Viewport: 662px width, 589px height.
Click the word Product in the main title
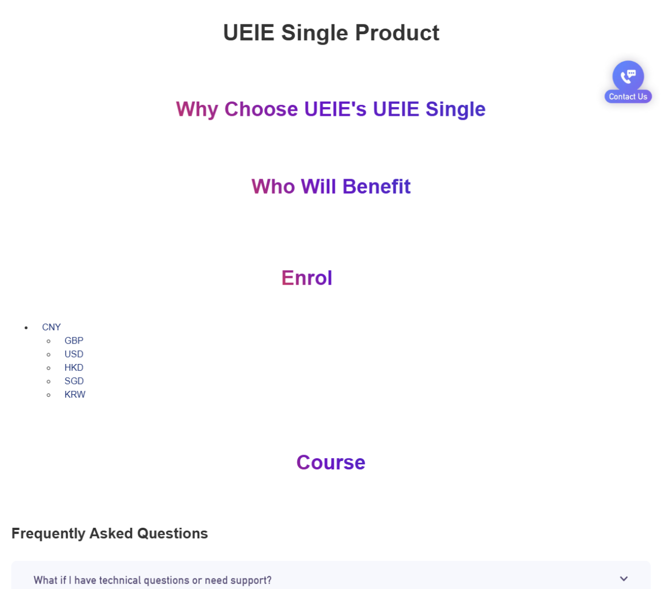point(397,33)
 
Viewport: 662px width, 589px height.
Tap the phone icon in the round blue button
point(628,77)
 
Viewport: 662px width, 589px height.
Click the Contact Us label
point(628,97)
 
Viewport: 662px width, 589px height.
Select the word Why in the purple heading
point(197,109)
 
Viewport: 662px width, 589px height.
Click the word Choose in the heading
point(261,109)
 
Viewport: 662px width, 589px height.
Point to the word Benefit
point(376,186)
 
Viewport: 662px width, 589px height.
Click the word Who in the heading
point(273,186)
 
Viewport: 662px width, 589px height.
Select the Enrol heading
point(307,278)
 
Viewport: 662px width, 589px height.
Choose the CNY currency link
point(51,327)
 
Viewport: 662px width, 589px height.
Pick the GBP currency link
point(74,340)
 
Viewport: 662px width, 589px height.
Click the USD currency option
point(74,354)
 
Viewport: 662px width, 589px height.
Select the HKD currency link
point(74,367)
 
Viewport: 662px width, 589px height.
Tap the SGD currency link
point(74,381)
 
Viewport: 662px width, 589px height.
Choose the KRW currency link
point(75,394)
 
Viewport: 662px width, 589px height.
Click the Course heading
point(330,462)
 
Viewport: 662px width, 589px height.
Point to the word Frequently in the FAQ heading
point(49,534)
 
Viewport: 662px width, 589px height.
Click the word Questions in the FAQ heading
point(173,533)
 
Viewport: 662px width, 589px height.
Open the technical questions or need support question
point(153,580)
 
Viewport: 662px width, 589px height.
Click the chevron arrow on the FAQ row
point(624,579)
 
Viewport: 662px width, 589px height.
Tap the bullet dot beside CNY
point(26,328)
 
